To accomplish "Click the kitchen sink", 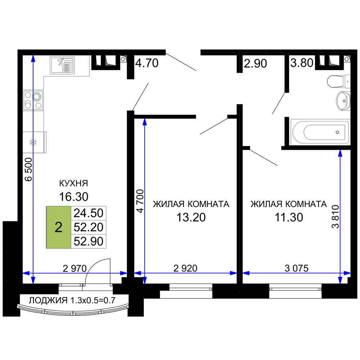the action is tap(62, 65).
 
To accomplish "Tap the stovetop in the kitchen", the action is tap(33, 100).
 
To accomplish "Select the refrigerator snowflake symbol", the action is tap(33, 142).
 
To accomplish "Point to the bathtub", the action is tap(320, 132).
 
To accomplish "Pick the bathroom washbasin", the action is tap(343, 100).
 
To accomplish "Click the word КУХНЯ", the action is tap(73, 183).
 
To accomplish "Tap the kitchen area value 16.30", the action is tap(74, 197).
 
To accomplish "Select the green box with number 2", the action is tap(59, 227).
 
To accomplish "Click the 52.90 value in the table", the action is tap(89, 241).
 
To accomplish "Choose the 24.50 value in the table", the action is tap(89, 213).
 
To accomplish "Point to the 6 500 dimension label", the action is tap(28, 170).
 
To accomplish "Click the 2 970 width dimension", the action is tap(75, 268).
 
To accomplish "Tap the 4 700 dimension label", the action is tap(140, 201).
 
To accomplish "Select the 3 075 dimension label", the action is tap(297, 268).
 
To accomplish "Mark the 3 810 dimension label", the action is tap(336, 217).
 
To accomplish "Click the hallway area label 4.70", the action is tap(147, 63).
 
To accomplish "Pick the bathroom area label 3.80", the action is tap(302, 63).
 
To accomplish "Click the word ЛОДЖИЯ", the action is tap(48, 300).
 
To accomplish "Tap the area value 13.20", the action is tap(191, 217).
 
